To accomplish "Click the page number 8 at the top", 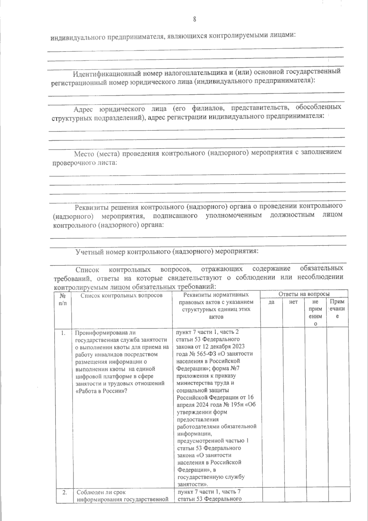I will coord(194,19).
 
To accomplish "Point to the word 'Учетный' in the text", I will coord(87,252).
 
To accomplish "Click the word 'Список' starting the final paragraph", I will coord(87,270).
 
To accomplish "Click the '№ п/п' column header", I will coord(63,299).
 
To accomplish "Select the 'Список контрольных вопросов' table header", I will coord(121,295).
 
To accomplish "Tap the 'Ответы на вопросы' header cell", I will coord(304,294).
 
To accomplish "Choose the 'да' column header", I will coord(271,302).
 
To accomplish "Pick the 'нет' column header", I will coord(293,302).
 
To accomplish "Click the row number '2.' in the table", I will coord(64,492).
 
